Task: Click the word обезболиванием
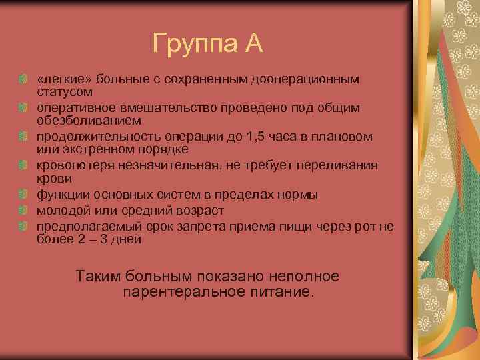(x=80, y=120)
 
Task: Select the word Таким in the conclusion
(x=99, y=276)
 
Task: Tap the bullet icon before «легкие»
(x=23, y=79)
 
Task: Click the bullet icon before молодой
(x=23, y=211)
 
